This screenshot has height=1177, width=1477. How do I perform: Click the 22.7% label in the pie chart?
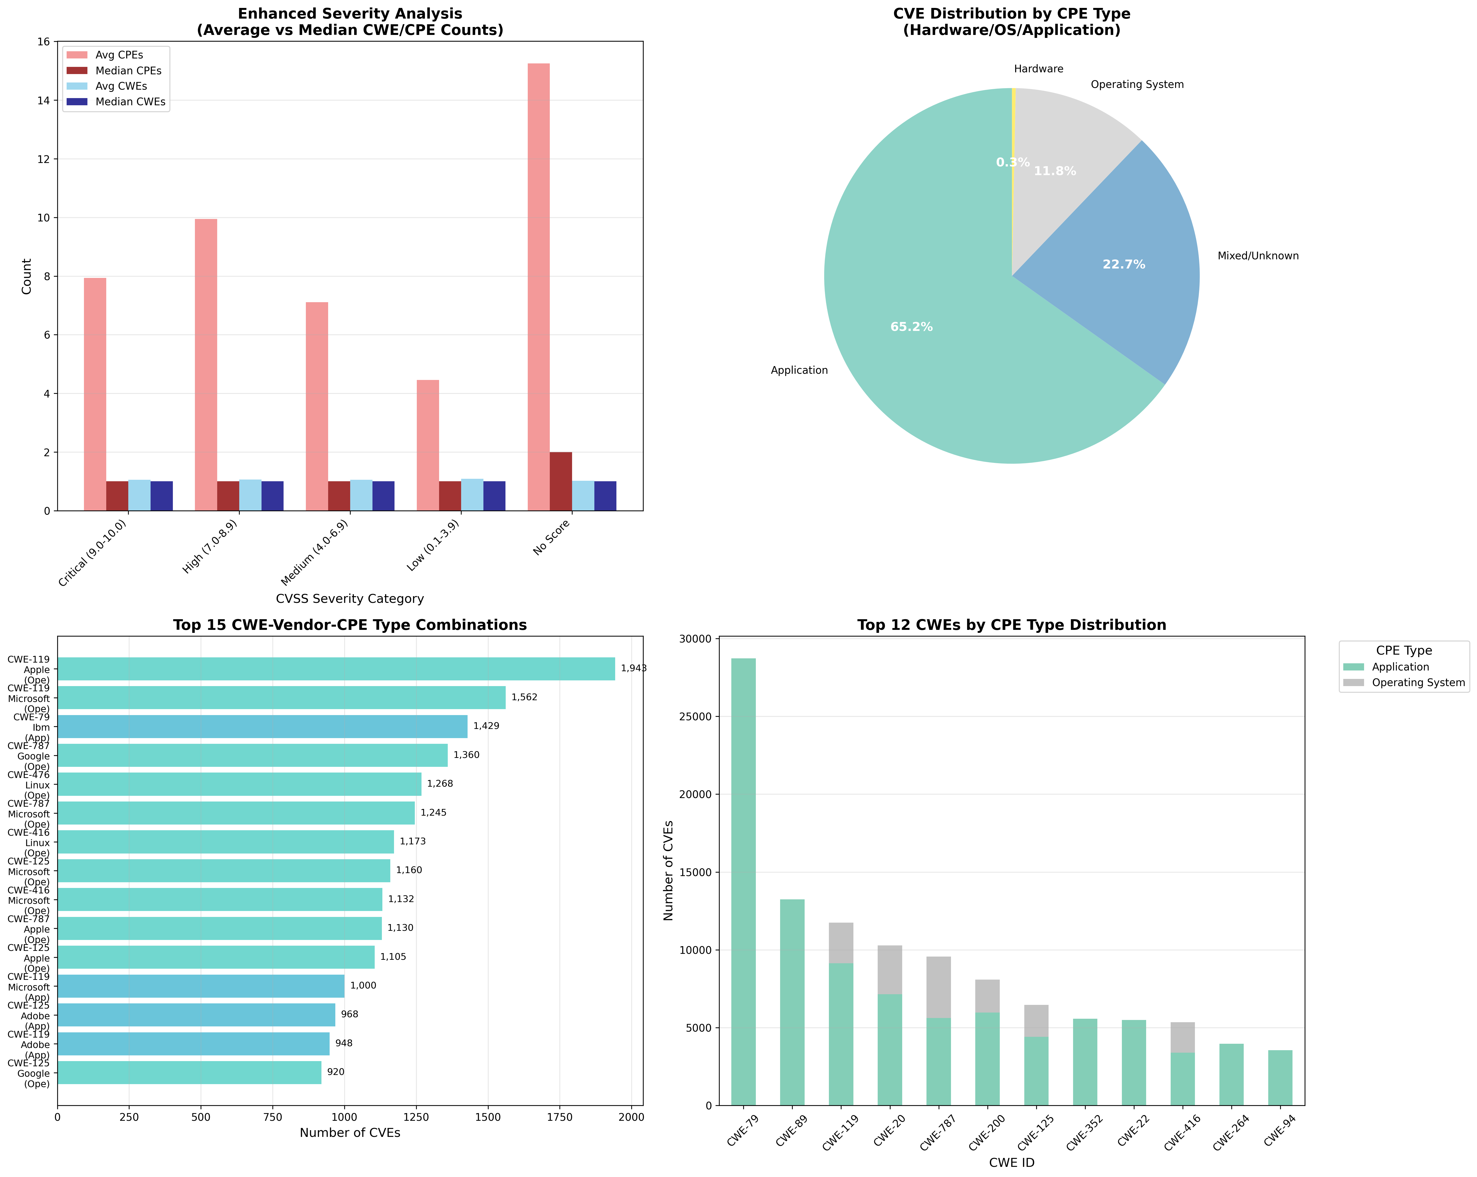pos(1124,265)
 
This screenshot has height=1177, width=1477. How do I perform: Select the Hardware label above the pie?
pos(1039,69)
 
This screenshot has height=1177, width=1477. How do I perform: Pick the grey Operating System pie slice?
pos(1069,137)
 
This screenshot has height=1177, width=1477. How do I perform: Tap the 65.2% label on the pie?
pos(911,327)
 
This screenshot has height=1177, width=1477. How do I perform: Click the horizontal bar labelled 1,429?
pos(262,726)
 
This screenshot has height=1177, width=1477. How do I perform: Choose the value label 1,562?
pos(524,697)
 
